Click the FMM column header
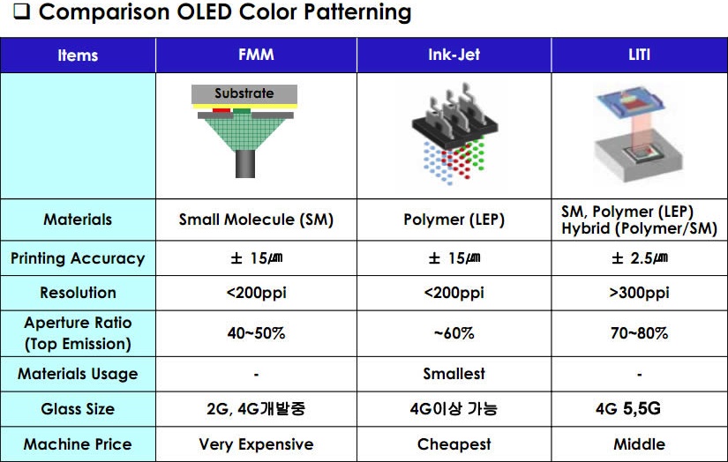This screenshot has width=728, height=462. point(256,55)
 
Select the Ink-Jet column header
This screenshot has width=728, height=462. point(454,55)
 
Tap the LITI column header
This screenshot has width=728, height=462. point(639,55)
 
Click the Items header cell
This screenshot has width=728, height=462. point(78,56)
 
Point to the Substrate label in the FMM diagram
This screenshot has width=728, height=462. point(244,93)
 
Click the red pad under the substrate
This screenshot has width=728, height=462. point(221,110)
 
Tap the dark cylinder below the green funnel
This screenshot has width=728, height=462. point(245,164)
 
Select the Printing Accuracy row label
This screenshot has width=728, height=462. point(78,258)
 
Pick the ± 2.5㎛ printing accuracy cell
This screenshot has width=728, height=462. point(640,258)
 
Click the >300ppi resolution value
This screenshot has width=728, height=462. point(639,293)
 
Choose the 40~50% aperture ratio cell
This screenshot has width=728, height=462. point(256,333)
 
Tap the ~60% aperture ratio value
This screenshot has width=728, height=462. point(454,333)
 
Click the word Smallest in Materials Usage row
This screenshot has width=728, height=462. point(454,374)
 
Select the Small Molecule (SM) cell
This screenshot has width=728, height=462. point(256,220)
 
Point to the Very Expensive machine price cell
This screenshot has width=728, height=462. point(256,444)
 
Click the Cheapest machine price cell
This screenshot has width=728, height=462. point(454,444)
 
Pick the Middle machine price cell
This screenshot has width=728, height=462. point(639,444)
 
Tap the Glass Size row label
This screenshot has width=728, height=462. point(78,409)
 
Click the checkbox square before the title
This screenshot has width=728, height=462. point(21,11)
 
